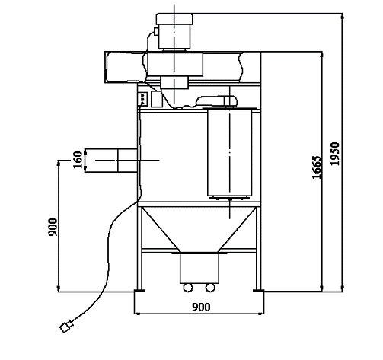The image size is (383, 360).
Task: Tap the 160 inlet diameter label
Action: pos(78,160)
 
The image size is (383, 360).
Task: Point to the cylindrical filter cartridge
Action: pos(229,151)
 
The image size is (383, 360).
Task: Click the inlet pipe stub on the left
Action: pos(112,161)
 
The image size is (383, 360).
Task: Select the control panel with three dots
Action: pos(142,98)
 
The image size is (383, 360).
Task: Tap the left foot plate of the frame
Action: pos(139,291)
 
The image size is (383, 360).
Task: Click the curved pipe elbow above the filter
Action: pos(215,99)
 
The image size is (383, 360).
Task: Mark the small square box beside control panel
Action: pos(157,98)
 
